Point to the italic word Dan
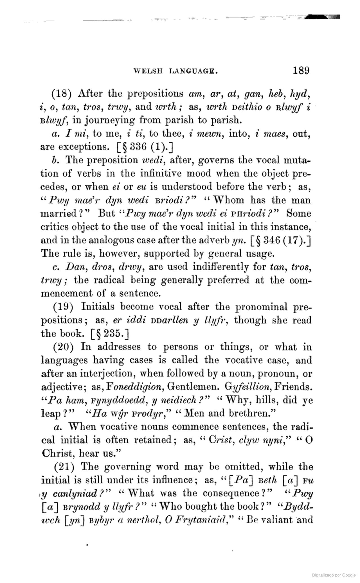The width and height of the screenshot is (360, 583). pyautogui.click(x=73, y=266)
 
